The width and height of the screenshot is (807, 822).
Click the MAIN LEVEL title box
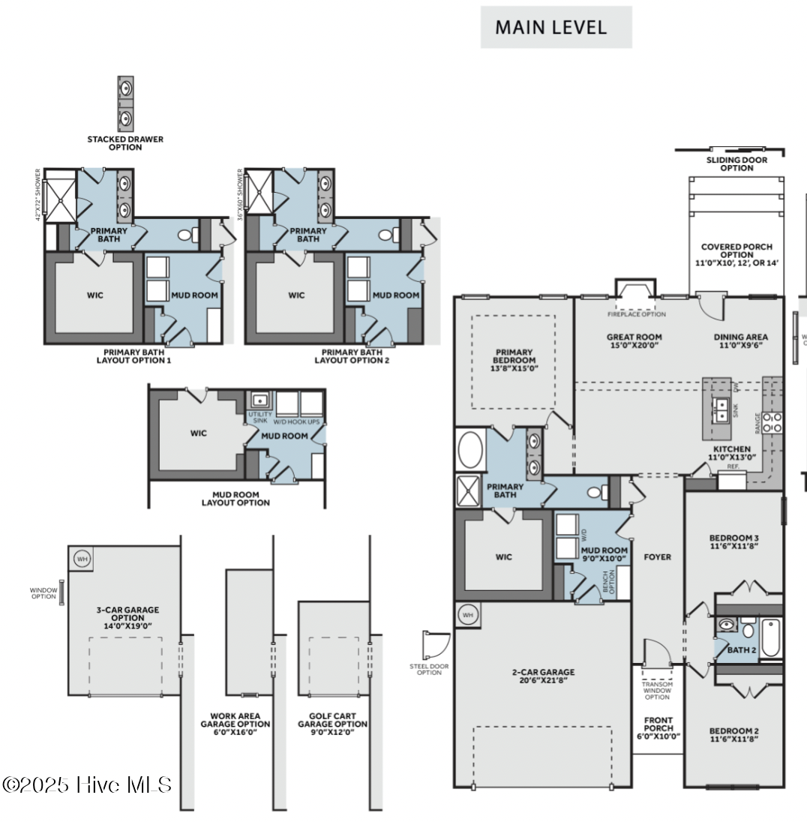point(556,28)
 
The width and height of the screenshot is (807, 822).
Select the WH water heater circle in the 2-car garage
point(467,614)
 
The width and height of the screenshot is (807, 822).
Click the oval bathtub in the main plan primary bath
point(470,449)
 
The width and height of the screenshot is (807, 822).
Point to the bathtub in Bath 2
point(771,637)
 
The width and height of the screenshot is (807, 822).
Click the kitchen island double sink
point(721,409)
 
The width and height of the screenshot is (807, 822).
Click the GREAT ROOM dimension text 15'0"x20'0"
point(634,346)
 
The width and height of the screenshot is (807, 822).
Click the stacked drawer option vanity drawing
point(125,103)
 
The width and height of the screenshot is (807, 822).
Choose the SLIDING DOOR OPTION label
point(736,163)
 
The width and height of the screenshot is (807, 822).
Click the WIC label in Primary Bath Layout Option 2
point(296,295)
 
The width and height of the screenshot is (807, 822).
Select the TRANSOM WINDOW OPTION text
point(657,691)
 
